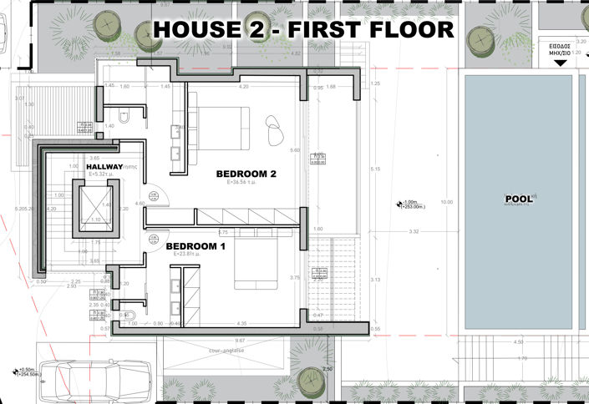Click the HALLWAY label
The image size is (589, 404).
pos(104,167)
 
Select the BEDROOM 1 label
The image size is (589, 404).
pos(195,247)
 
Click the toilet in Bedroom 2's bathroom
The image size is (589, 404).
pos(124,119)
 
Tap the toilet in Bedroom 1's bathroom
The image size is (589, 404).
pos(124,316)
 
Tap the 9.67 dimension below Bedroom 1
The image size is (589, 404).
pos(241,341)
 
